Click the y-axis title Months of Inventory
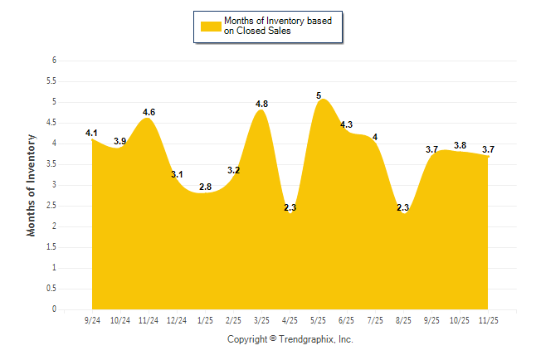32,185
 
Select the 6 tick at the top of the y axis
54,61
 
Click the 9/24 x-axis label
92,319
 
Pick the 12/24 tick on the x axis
177,319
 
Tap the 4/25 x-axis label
290,319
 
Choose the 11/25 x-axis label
489,319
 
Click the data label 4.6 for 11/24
149,112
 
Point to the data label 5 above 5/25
319,96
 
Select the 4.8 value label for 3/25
261,104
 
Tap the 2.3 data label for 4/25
290,208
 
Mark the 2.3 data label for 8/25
403,208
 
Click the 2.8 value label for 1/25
205,187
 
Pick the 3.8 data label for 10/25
460,145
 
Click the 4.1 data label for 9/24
91,133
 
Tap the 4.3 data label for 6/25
347,124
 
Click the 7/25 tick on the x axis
375,319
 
